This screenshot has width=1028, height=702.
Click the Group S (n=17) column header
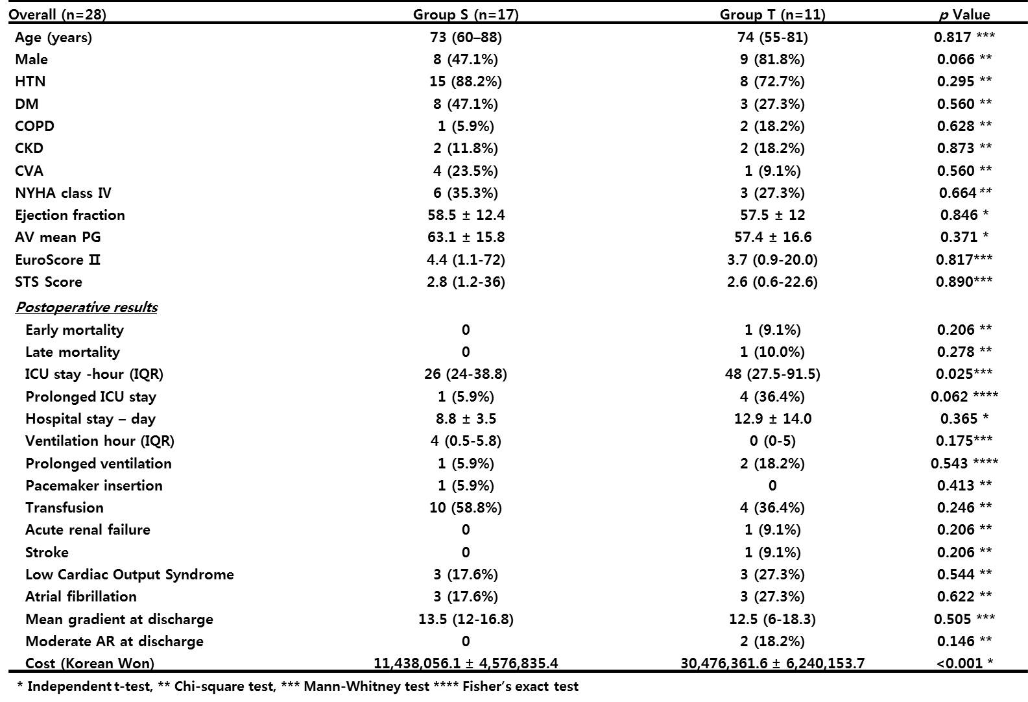[466, 15]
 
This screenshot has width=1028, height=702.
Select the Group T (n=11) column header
[772, 15]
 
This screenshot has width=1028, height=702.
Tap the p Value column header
[964, 15]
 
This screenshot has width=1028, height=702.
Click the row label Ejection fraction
[70, 215]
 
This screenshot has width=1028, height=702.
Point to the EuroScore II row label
[57, 260]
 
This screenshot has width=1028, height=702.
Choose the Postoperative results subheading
[87, 307]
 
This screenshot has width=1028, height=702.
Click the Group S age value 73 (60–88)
[466, 37]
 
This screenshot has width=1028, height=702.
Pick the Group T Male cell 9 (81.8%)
[772, 59]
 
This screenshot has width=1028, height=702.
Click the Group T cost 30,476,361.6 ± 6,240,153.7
[772, 663]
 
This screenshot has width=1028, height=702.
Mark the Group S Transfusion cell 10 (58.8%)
[466, 507]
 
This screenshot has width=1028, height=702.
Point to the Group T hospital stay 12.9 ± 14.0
[772, 418]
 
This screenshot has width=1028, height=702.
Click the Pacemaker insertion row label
[93, 485]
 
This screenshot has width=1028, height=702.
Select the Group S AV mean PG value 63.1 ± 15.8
[466, 237]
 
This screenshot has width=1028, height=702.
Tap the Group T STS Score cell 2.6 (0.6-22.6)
[772, 282]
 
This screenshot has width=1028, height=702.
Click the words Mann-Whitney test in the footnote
[366, 686]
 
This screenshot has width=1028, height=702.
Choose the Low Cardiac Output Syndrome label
[130, 574]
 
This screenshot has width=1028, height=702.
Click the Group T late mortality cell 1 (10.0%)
[772, 352]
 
